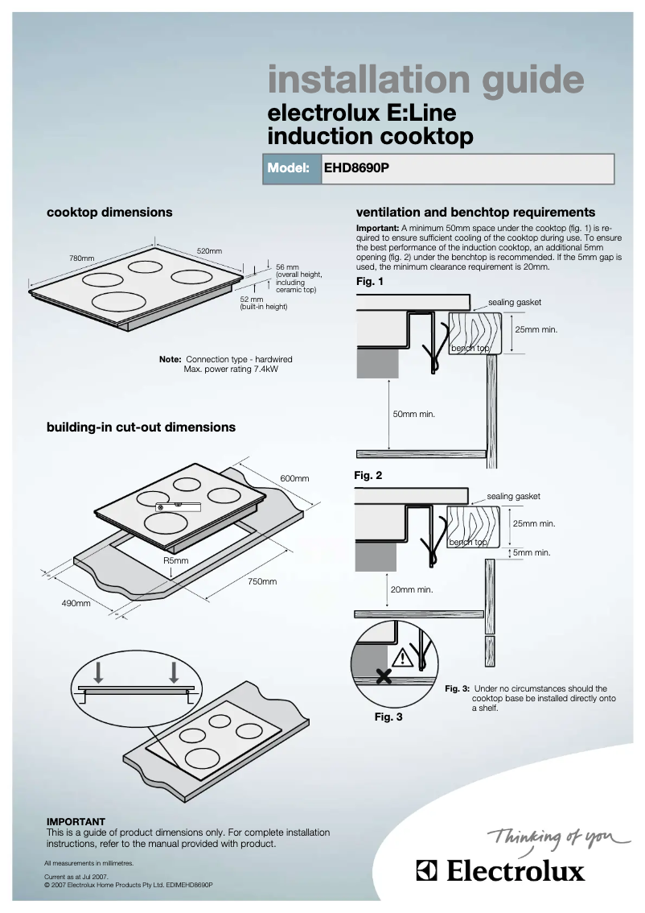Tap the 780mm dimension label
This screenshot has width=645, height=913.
[x=81, y=258]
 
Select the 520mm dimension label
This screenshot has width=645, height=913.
[x=209, y=251]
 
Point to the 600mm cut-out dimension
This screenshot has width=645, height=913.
[x=294, y=478]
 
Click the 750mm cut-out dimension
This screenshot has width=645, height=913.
[x=261, y=581]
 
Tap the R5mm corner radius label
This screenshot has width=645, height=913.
[x=175, y=560]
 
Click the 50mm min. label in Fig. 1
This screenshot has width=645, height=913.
[x=413, y=414]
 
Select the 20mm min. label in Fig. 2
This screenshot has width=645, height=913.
[x=412, y=589]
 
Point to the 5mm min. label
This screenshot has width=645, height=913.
[x=532, y=552]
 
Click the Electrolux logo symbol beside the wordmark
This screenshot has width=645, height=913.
[x=427, y=871]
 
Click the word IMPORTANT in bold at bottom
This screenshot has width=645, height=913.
[x=76, y=821]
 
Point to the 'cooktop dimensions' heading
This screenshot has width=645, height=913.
[x=109, y=213]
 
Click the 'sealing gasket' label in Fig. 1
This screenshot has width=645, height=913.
[x=515, y=302]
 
